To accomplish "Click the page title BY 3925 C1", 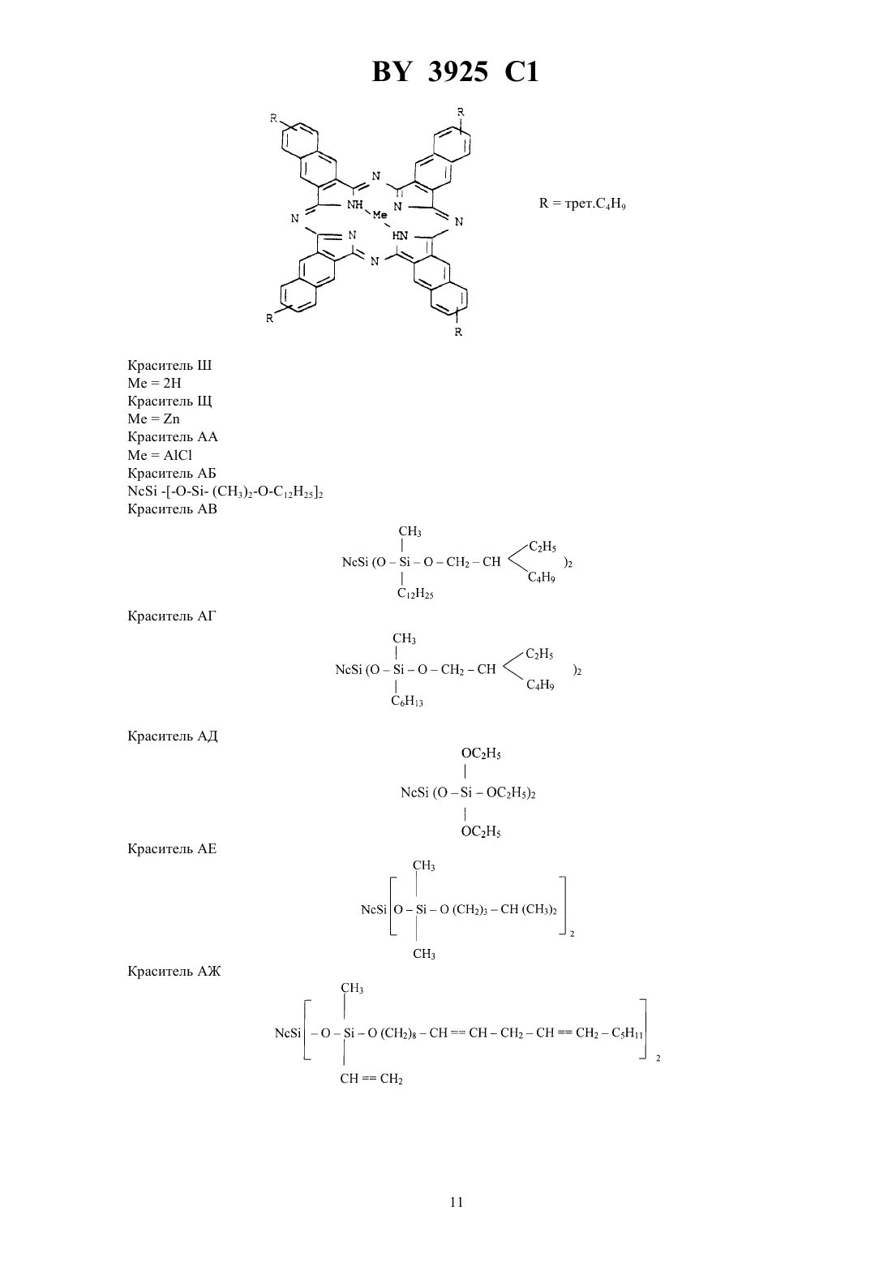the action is pyautogui.click(x=455, y=72).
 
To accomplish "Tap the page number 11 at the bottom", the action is pyautogui.click(x=457, y=1202).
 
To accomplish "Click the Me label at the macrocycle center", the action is pyautogui.click(x=380, y=215).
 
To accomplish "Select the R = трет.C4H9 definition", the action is pyautogui.click(x=582, y=204).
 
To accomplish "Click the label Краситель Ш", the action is pyautogui.click(x=169, y=366).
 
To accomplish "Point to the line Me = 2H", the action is pyautogui.click(x=154, y=383).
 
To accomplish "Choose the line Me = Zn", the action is pyautogui.click(x=154, y=419).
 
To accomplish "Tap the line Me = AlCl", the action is pyautogui.click(x=160, y=455).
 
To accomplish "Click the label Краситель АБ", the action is pyautogui.click(x=172, y=473).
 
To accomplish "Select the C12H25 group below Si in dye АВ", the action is pyautogui.click(x=415, y=593).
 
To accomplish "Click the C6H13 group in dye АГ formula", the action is pyautogui.click(x=407, y=701).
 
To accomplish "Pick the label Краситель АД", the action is pyautogui.click(x=172, y=736).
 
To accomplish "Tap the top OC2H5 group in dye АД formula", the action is pyautogui.click(x=481, y=753).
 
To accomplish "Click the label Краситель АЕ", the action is pyautogui.click(x=172, y=848).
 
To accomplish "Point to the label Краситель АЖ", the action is pyautogui.click(x=174, y=971).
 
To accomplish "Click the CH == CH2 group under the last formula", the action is pyautogui.click(x=371, y=1079).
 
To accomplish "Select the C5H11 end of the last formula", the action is pyautogui.click(x=628, y=1033).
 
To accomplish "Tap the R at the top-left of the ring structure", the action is pyautogui.click(x=274, y=118).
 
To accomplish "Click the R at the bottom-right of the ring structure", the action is pyautogui.click(x=458, y=332).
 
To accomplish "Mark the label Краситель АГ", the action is pyautogui.click(x=172, y=616).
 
